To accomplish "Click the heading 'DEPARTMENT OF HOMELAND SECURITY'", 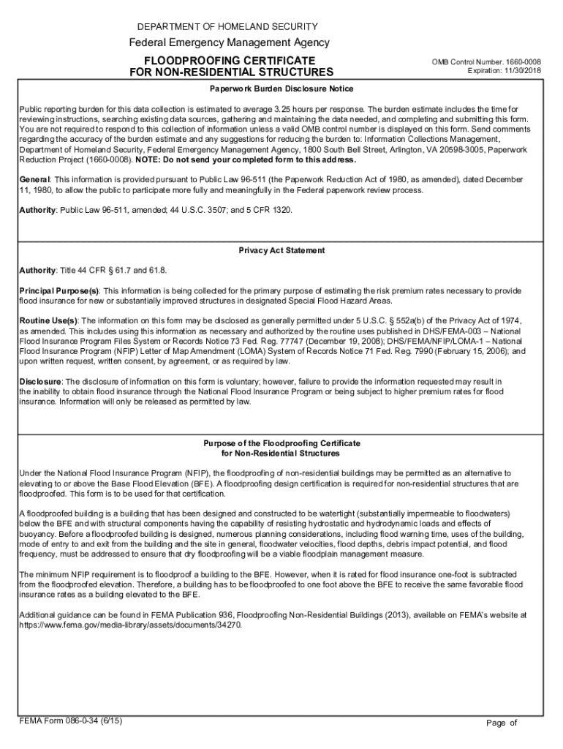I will [230, 26].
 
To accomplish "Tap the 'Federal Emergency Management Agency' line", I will [229, 42].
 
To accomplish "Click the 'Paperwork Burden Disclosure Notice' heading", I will [281, 89].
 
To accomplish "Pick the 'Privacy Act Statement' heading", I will [281, 250].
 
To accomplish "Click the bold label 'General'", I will [34, 179].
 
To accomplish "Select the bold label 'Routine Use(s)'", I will [48, 320].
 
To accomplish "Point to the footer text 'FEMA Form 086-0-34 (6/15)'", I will [70, 720].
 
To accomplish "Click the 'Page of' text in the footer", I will [502, 723].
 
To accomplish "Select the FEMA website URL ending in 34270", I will [130, 626].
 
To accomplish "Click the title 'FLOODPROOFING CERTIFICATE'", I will [230, 59].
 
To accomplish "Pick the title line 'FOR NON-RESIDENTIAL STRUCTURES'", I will [230, 72].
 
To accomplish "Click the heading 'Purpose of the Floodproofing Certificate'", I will [281, 443].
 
